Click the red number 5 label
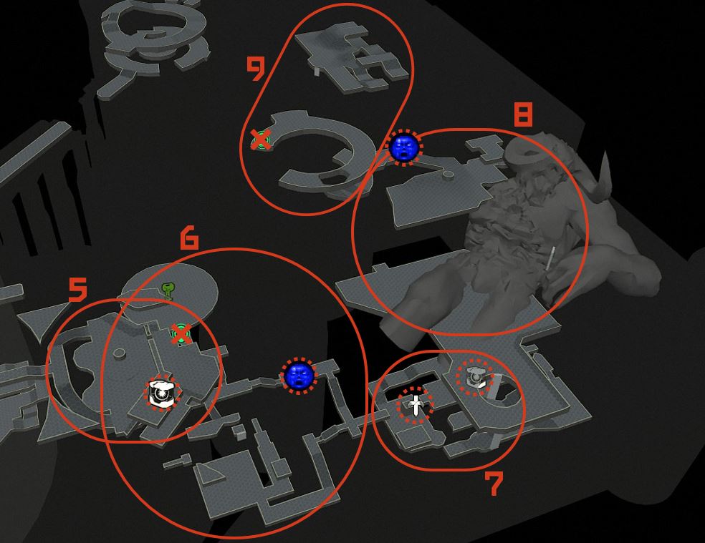coord(77,289)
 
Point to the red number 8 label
coord(523,114)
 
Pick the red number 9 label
coord(256,69)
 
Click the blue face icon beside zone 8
coord(404,147)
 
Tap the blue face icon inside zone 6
coord(299,376)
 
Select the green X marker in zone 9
coord(261,140)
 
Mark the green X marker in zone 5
coord(181,334)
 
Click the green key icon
coord(168,291)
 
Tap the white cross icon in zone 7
coord(416,406)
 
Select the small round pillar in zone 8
coord(449,175)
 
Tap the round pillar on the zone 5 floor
coord(117,353)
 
